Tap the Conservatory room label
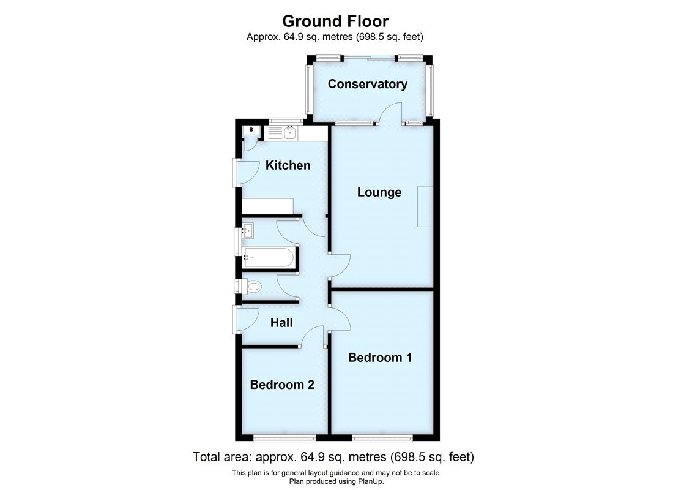point(367,84)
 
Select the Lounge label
point(379,192)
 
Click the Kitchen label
point(288,165)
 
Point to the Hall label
point(281,323)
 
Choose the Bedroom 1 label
point(379,357)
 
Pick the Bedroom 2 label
point(282,385)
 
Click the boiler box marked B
point(250,130)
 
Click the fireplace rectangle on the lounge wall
point(425,207)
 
